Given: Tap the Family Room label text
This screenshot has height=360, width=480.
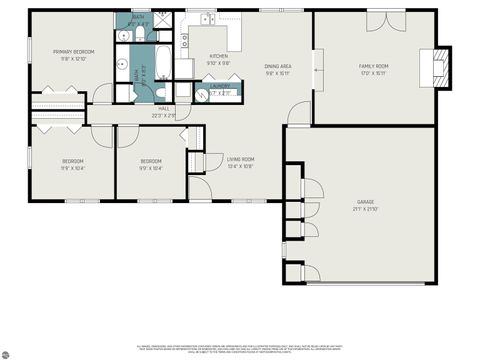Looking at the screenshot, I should [x=374, y=66].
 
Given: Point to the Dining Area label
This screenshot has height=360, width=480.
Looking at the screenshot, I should [x=277, y=66].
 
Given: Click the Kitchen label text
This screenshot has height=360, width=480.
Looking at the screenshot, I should [x=218, y=56].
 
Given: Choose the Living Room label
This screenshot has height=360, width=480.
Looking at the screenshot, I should [x=240, y=159].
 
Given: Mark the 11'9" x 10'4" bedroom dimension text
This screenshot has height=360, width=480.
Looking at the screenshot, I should [x=73, y=168].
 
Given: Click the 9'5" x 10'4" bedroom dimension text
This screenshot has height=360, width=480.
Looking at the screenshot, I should [x=150, y=168].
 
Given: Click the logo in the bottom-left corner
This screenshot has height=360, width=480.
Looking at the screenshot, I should [x=7, y=351].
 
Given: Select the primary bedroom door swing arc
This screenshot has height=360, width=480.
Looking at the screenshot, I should [x=101, y=95].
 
